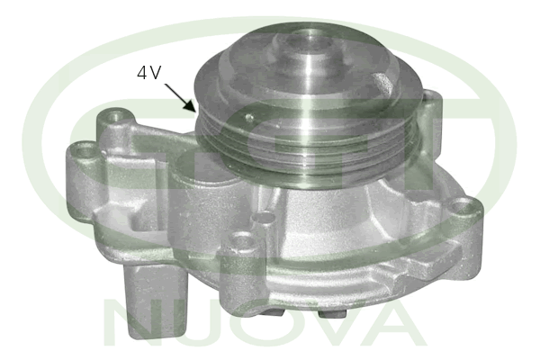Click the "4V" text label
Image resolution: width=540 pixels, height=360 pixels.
click(148, 73)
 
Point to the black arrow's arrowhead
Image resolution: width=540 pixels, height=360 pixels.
click(191, 104)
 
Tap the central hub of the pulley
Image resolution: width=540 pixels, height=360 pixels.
click(305, 51)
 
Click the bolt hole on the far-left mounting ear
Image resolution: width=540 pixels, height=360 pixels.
click(83, 150)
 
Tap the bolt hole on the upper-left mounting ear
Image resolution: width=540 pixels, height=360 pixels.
click(114, 115)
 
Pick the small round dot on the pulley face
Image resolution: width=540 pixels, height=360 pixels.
click(248, 118)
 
